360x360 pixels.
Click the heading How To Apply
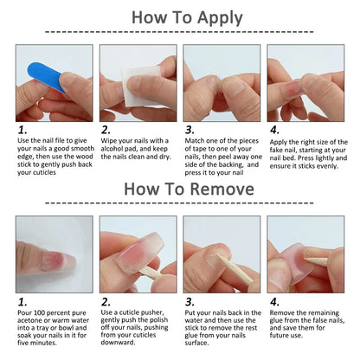pos(180,16)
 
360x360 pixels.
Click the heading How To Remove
pos(180,189)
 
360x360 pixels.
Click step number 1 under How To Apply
pos(22,132)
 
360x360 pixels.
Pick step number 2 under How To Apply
pos(106,132)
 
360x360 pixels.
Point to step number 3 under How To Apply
pos(190,132)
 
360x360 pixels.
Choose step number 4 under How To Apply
pos(273,132)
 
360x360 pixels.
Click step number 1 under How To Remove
pos(22,302)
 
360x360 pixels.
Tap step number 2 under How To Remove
pos(106,302)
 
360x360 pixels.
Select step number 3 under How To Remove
pos(190,302)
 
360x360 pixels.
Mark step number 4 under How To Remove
pos(273,302)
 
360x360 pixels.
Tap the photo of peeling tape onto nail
pos(222,82)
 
